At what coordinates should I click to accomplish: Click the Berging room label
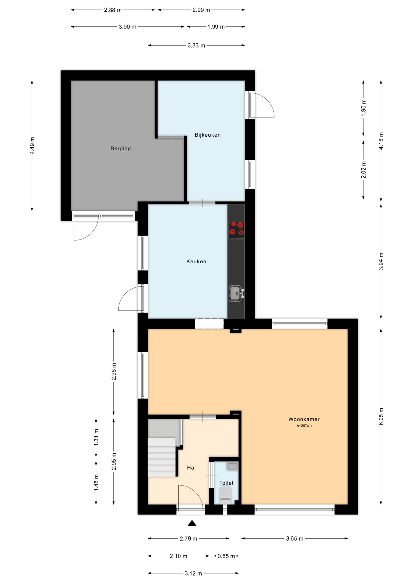click(x=120, y=148)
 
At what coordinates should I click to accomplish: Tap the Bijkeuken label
click(x=208, y=135)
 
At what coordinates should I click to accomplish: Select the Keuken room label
click(x=196, y=261)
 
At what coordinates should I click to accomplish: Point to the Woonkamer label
click(x=304, y=419)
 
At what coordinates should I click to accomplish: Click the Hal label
click(x=191, y=468)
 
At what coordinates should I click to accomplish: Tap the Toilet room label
click(x=227, y=483)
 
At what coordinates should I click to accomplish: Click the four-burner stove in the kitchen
click(x=236, y=229)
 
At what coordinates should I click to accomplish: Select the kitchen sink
click(x=236, y=294)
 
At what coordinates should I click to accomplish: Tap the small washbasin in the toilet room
click(x=232, y=466)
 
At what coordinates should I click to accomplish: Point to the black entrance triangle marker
click(x=192, y=523)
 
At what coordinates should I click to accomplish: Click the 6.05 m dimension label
click(x=381, y=417)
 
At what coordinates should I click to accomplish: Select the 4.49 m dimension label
click(x=32, y=146)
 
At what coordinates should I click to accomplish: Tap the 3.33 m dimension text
click(x=196, y=46)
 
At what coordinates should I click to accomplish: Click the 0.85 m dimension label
click(x=226, y=556)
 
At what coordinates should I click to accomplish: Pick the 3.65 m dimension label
click(x=295, y=539)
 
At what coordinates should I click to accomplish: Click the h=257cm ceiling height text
click(x=304, y=426)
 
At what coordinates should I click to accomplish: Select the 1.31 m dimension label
click(x=96, y=437)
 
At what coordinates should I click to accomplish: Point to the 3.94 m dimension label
click(x=381, y=261)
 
